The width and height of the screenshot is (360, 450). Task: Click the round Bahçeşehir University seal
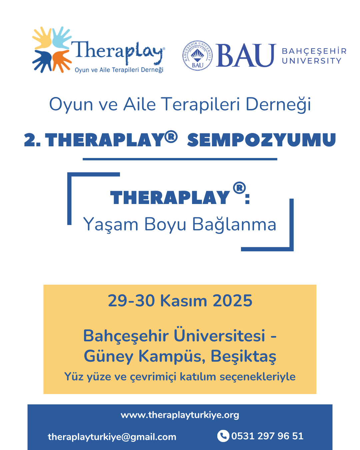click(197, 56)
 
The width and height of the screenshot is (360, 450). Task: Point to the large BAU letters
click(246, 56)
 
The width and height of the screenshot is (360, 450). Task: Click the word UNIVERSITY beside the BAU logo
click(312, 61)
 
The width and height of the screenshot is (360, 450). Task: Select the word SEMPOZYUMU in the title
click(261, 140)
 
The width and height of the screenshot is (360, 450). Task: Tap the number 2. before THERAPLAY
click(32, 140)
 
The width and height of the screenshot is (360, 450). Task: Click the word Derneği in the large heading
click(278, 104)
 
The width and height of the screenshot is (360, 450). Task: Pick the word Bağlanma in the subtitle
click(234, 224)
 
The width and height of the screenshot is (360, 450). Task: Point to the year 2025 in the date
click(232, 301)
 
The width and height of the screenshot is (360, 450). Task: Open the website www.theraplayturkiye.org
click(180, 415)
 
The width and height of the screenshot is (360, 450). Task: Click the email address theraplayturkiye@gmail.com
click(112, 437)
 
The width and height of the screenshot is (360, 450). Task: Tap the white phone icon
click(223, 436)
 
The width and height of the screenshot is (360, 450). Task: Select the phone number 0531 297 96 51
click(267, 436)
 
